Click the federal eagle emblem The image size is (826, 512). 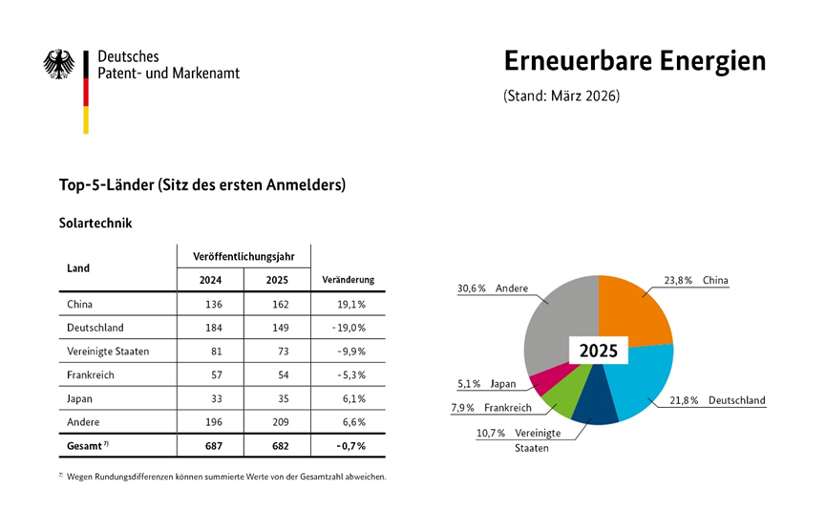coord(59,64)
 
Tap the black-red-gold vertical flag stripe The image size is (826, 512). coord(86,93)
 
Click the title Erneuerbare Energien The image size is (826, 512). coord(635,61)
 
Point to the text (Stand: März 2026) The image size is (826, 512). coord(561,96)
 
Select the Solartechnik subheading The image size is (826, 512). coord(95,223)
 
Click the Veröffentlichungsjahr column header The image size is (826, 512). coord(244,257)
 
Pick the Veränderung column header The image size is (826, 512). coord(349,280)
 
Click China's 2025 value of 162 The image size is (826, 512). coord(280,305)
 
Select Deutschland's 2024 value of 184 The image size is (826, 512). coord(214,328)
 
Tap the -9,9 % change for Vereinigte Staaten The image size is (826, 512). coord(352,352)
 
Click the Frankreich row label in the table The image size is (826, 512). coord(91,375)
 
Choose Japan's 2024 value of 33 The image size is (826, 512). coord(217,398)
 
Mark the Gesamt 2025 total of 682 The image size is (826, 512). coord(280,446)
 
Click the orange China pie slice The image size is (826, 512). coord(629,310)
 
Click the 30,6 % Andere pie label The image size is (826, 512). coord(493,288)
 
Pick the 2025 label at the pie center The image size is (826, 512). coord(599,351)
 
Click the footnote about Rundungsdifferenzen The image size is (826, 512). coord(222,477)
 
